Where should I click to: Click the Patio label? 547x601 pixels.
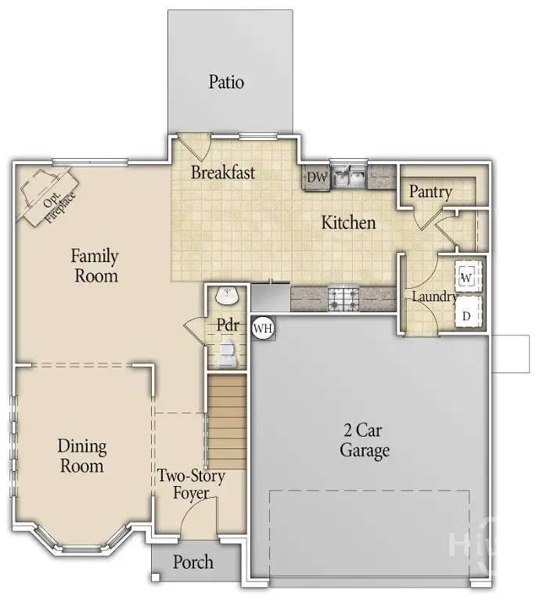pos(226,81)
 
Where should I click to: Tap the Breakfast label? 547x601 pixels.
pos(223,173)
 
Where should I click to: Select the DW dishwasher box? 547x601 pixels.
pos(316,178)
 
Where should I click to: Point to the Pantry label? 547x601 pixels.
pos(430,192)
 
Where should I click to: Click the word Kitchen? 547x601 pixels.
pos(348,223)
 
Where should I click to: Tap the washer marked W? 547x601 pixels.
pos(466,277)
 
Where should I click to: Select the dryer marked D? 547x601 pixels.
pos(466,315)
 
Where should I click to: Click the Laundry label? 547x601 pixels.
pos(434,297)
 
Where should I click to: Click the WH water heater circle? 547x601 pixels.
pos(263,329)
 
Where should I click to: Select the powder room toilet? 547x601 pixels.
pos(227,354)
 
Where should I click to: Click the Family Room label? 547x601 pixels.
pos(95,265)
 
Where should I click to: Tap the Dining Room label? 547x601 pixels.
pos(81,456)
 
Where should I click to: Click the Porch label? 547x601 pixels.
pos(193,562)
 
